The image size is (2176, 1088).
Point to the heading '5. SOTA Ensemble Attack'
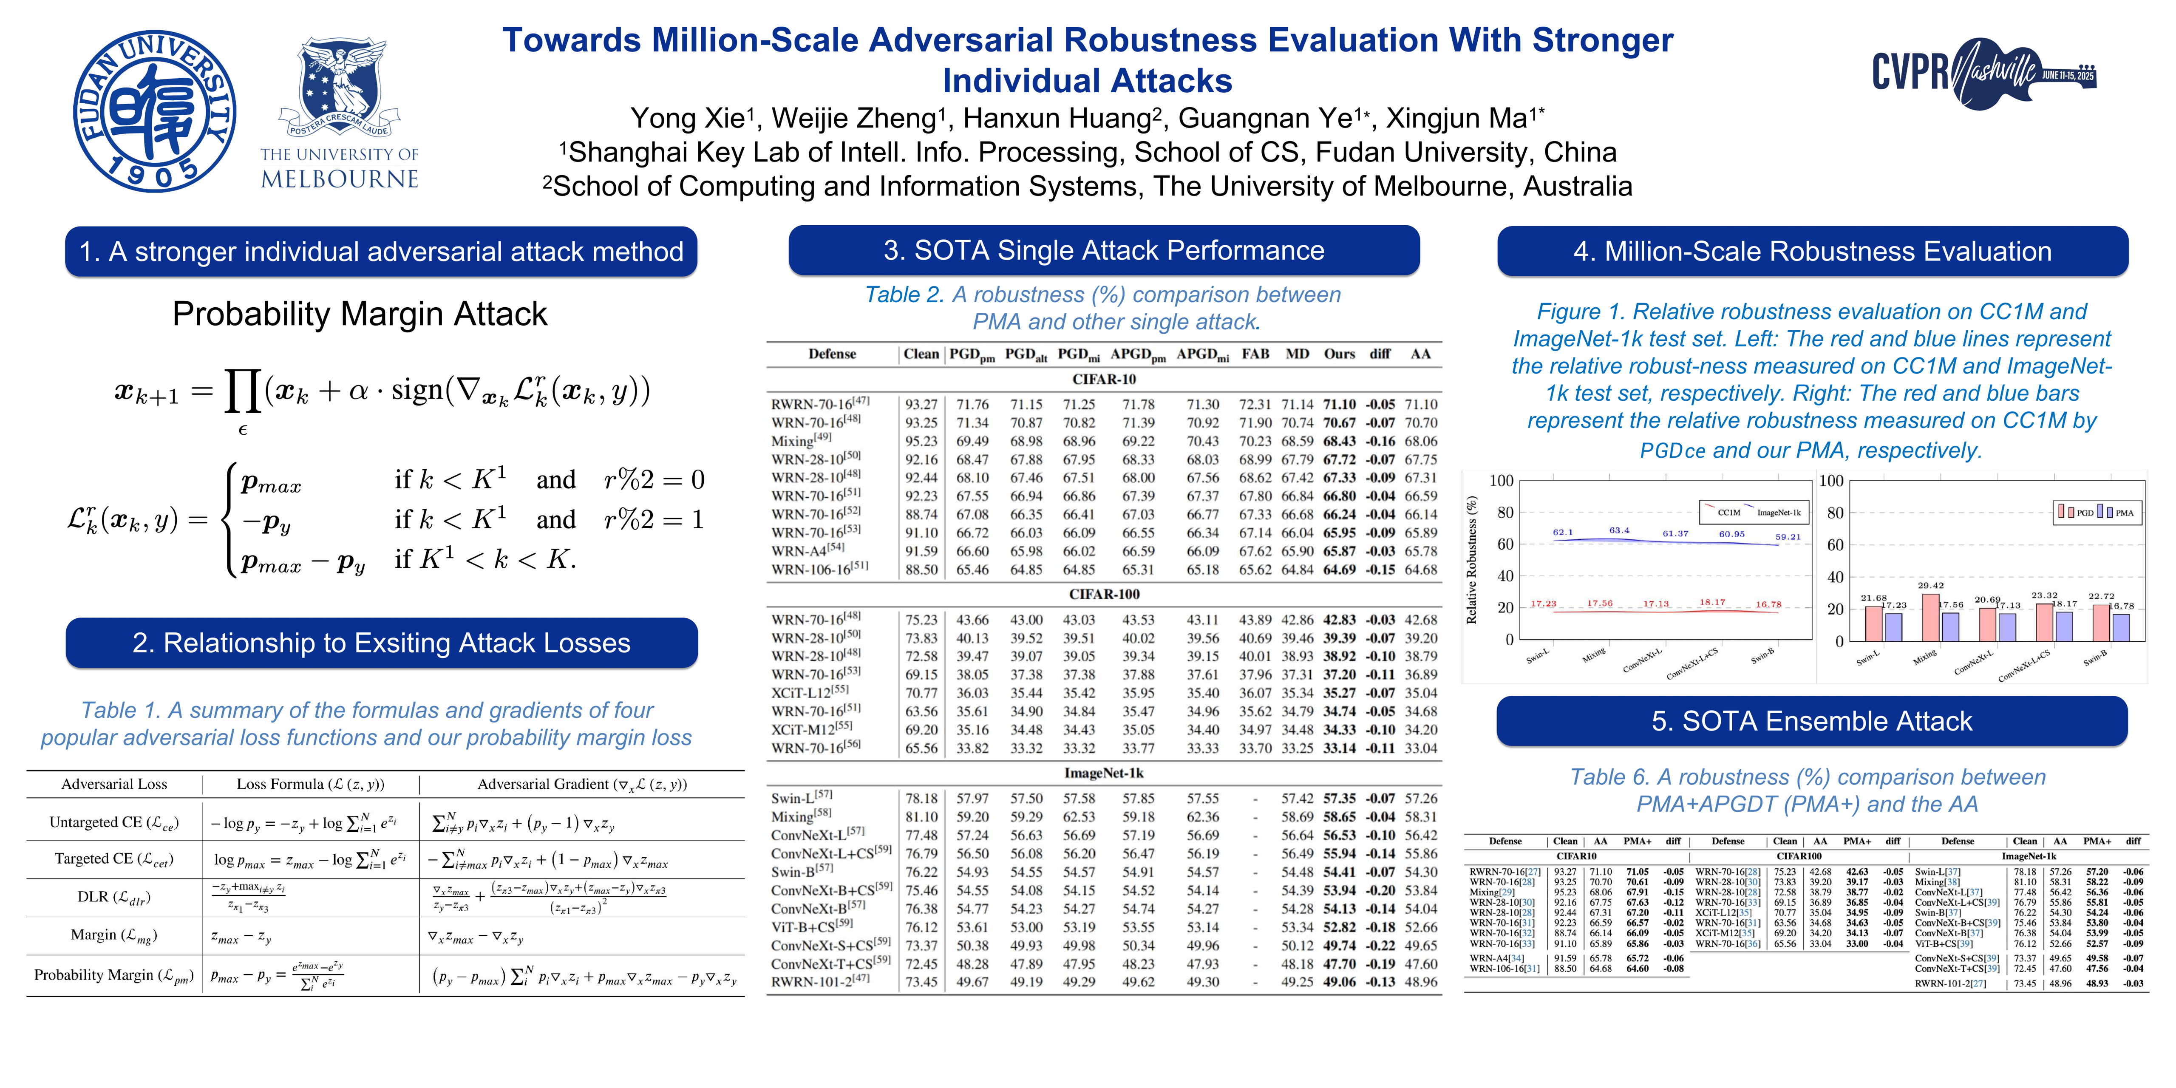coord(1812,721)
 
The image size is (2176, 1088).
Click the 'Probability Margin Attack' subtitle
coord(360,314)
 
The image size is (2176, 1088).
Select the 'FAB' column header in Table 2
coord(1255,354)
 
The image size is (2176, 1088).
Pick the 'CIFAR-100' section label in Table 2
coord(1104,594)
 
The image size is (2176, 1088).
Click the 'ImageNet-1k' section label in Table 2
coord(1104,773)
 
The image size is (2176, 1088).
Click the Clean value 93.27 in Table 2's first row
coord(921,405)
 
